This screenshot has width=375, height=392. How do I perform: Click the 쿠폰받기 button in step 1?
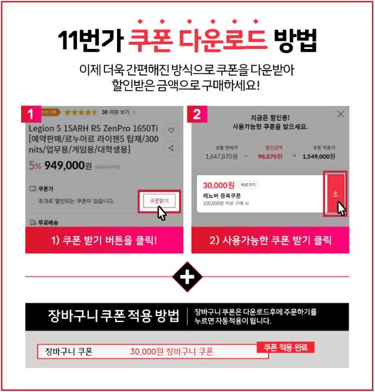click(x=159, y=201)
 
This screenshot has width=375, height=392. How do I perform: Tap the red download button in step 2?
click(x=335, y=192)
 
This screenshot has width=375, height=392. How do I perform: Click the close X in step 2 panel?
click(x=340, y=114)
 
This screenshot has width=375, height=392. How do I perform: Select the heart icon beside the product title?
click(x=171, y=130)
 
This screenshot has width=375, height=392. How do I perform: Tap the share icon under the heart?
click(x=171, y=148)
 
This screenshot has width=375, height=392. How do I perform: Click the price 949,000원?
click(x=68, y=166)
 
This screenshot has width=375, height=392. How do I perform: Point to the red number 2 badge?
click(x=197, y=114)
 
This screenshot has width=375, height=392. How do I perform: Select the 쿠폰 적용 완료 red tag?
click(x=286, y=347)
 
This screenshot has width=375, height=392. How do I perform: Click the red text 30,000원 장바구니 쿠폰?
click(x=172, y=352)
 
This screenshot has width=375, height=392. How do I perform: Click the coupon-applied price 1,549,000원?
click(x=318, y=157)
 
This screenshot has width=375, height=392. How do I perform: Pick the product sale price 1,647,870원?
click(x=221, y=157)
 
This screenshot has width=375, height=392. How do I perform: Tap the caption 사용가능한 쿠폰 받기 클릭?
click(x=270, y=240)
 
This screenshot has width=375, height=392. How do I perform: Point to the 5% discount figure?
click(x=35, y=166)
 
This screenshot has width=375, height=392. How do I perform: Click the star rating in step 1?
click(x=81, y=112)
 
